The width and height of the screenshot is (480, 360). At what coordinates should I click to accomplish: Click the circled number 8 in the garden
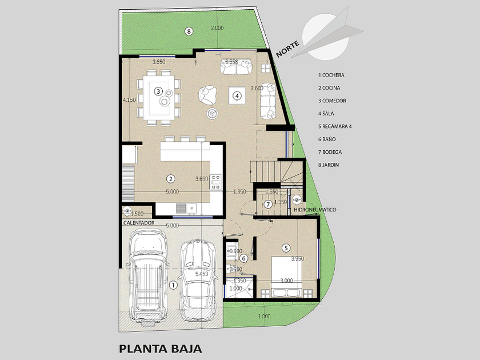pyautogui.click(x=189, y=31)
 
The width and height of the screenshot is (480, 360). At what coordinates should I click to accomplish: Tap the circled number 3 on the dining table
pyautogui.click(x=158, y=91)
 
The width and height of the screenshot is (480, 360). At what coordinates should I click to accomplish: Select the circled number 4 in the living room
pyautogui.click(x=237, y=96)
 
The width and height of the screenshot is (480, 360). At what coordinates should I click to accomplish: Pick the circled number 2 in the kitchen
pyautogui.click(x=170, y=179)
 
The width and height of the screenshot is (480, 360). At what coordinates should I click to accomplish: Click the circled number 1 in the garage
pyautogui.click(x=173, y=285)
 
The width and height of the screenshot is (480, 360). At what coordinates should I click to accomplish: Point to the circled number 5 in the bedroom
pyautogui.click(x=286, y=247)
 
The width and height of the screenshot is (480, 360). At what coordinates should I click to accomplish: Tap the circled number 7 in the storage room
pyautogui.click(x=268, y=204)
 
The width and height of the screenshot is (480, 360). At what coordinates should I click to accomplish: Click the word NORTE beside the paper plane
pyautogui.click(x=287, y=49)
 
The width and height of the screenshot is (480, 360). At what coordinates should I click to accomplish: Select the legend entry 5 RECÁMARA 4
pyautogui.click(x=335, y=126)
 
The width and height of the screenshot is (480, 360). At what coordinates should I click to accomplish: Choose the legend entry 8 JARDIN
pyautogui.click(x=329, y=165)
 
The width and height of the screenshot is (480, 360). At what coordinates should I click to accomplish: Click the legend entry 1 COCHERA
pyautogui.click(x=331, y=75)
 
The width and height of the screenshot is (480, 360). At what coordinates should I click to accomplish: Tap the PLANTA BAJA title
pyautogui.click(x=161, y=349)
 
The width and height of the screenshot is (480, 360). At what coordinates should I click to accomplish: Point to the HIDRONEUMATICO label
pyautogui.click(x=315, y=210)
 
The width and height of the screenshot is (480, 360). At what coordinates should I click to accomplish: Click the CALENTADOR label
pyautogui.click(x=139, y=223)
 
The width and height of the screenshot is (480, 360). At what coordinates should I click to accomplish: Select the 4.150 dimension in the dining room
pyautogui.click(x=129, y=100)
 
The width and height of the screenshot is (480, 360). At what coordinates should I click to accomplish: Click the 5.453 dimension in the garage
pyautogui.click(x=201, y=274)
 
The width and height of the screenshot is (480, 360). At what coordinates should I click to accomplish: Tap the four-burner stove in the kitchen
pyautogui.click(x=215, y=182)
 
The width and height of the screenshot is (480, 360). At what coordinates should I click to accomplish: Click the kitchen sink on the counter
pyautogui.click(x=186, y=208)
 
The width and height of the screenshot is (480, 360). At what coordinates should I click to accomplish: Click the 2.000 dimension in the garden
pyautogui.click(x=217, y=28)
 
